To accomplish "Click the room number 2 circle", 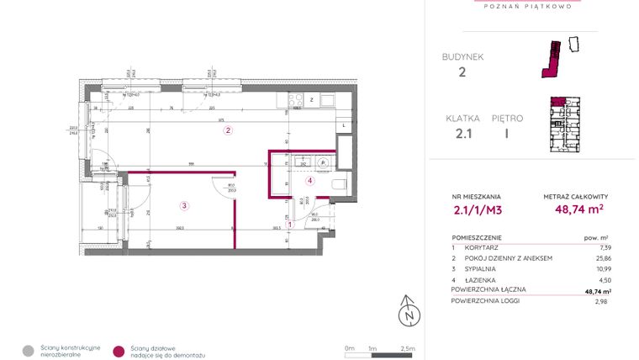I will click(x=227, y=130).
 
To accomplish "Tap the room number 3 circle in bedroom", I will click(x=184, y=204).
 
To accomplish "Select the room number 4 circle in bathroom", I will click(x=309, y=180).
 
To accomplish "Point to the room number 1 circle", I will click(x=290, y=224).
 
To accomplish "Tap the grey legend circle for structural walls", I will click(x=29, y=350).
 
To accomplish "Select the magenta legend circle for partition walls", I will click(x=119, y=350).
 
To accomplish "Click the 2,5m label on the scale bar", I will click(x=409, y=347).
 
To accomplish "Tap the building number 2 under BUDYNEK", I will click(x=462, y=72).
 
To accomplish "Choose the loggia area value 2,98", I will click(x=601, y=300).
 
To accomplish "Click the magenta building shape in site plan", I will click(x=552, y=61).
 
